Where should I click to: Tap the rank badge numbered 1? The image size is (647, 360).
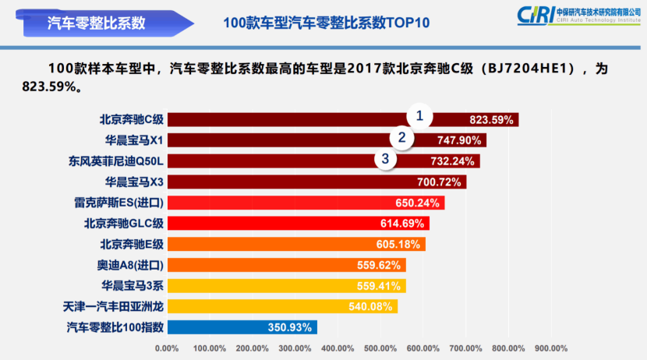pyautogui.click(x=419, y=117)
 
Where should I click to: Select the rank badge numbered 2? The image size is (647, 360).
pyautogui.click(x=402, y=138)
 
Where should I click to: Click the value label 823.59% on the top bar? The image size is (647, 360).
pyautogui.click(x=491, y=120)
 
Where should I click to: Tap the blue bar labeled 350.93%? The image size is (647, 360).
pyautogui.click(x=242, y=327)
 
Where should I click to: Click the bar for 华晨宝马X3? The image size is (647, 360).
pyautogui.click(x=316, y=182)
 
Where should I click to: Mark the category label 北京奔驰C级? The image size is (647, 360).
pyautogui.click(x=131, y=120)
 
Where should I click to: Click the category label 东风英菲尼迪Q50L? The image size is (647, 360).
pyautogui.click(x=116, y=161)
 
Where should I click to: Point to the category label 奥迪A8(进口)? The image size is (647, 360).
pyautogui.click(x=130, y=265)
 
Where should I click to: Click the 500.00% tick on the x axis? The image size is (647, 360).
pyautogui.click(x=380, y=348)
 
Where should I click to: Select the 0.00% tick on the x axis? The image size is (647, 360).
pyautogui.click(x=168, y=348)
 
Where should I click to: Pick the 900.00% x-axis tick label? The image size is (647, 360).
pyautogui.click(x=550, y=348)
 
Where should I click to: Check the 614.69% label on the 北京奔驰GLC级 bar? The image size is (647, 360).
pyautogui.click(x=402, y=224)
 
